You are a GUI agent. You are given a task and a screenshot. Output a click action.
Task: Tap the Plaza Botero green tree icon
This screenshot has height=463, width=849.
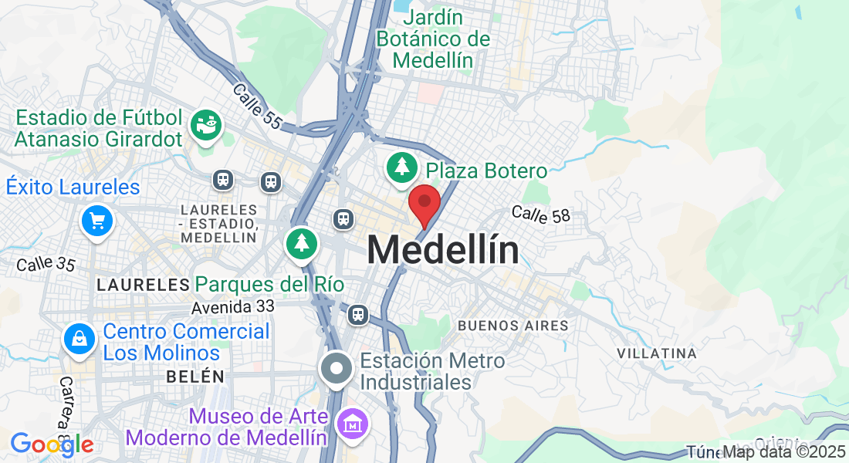(x=401, y=167)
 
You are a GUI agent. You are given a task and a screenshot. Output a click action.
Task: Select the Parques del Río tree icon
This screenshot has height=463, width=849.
(x=302, y=243)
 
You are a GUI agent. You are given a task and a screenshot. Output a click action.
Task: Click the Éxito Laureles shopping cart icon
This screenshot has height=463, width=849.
(x=97, y=221)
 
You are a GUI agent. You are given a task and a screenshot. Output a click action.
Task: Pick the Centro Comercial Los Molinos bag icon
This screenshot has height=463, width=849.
(x=79, y=339)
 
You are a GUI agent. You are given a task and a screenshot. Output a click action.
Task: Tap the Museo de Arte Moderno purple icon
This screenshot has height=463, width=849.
(x=353, y=423)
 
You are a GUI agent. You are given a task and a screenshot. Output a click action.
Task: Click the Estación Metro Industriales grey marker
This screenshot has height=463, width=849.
(x=337, y=369)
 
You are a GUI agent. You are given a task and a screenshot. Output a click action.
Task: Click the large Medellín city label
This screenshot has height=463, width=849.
(x=442, y=250)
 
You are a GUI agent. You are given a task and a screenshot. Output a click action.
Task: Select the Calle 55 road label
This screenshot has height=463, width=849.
(x=257, y=105)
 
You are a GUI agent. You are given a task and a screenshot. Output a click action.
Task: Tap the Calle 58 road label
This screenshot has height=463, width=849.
(x=540, y=215)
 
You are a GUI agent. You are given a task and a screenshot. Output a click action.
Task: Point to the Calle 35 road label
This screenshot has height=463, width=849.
(x=46, y=264)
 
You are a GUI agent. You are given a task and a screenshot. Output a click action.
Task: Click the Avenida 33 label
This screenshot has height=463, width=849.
(x=233, y=306)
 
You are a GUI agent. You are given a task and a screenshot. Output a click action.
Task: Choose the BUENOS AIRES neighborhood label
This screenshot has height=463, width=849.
(x=513, y=326)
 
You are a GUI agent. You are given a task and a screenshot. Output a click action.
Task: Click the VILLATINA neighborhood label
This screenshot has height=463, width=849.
(x=657, y=353)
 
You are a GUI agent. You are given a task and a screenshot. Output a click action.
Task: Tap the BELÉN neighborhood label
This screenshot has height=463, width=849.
(x=194, y=377)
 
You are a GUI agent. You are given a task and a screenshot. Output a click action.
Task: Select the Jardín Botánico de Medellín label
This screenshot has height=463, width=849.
(x=433, y=39)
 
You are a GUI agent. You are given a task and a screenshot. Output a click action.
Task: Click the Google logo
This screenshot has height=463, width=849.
(x=51, y=444)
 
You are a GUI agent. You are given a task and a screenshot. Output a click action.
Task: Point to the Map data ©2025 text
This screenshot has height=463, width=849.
(x=784, y=451)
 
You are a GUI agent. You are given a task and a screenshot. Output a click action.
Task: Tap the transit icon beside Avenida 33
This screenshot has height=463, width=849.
(x=357, y=314)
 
